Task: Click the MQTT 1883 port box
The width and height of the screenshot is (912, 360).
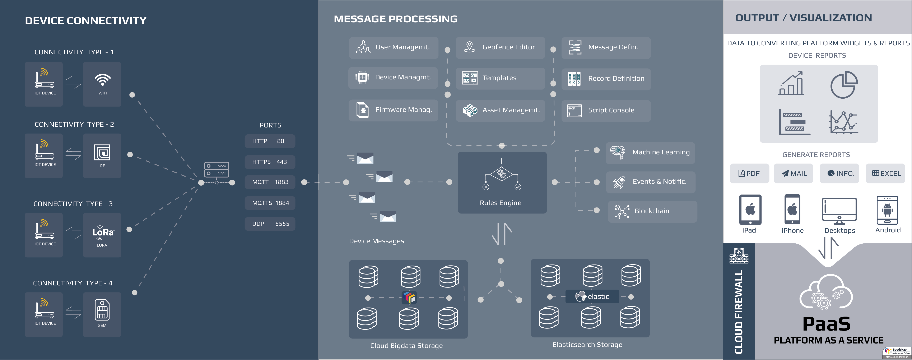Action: (x=270, y=182)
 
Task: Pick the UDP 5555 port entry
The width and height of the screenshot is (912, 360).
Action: (x=270, y=224)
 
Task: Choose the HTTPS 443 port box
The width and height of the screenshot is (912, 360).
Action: (x=270, y=162)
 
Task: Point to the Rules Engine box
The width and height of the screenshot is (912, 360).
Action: (x=502, y=182)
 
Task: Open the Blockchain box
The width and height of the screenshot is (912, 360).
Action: (x=652, y=211)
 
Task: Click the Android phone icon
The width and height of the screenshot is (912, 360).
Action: (x=887, y=211)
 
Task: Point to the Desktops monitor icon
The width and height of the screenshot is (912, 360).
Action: (x=839, y=211)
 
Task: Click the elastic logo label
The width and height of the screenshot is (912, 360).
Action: (x=592, y=296)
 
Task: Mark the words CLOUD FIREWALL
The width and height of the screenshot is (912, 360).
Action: (x=739, y=312)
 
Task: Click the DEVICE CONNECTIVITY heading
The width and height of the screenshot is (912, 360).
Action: (x=86, y=20)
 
